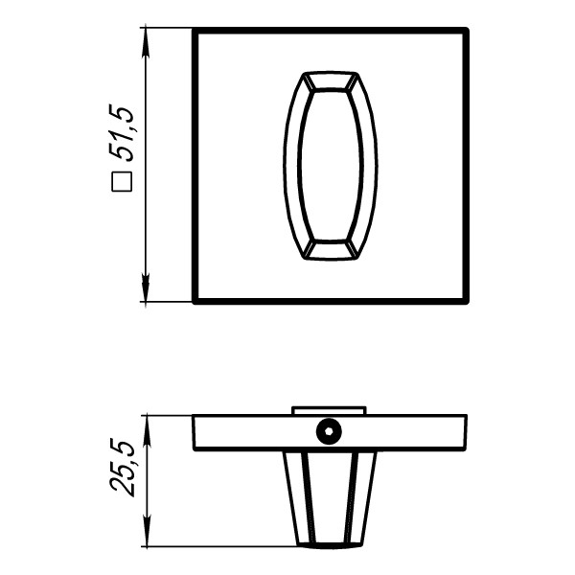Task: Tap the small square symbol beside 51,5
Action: tap(122, 180)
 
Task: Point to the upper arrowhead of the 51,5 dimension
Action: tap(146, 36)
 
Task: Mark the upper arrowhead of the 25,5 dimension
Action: tap(146, 423)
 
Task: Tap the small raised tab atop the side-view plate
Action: tap(330, 410)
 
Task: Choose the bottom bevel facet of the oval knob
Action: tap(332, 250)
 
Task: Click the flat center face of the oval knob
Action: tap(332, 166)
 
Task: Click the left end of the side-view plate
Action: tap(195, 432)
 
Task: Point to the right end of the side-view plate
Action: tap(466, 432)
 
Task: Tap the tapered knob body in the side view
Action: tap(332, 498)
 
